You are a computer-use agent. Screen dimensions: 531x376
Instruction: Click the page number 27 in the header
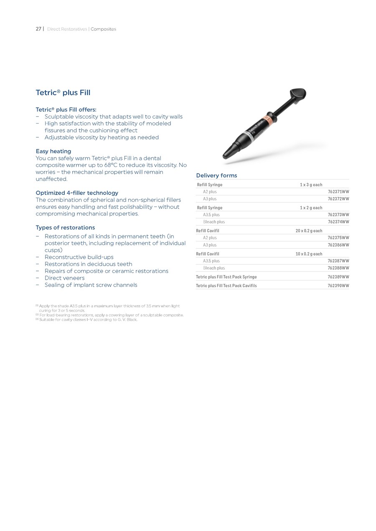(x=38, y=29)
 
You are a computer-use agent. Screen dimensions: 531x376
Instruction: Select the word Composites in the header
(x=103, y=29)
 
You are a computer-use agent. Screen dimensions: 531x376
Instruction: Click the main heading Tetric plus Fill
(x=63, y=93)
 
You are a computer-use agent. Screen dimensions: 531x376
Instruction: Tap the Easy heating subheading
(x=53, y=151)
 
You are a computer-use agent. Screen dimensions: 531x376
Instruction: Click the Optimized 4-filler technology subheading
(x=77, y=193)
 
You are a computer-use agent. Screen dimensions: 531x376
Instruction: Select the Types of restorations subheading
(x=65, y=228)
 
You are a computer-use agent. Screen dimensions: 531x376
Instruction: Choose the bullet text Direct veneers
(x=64, y=278)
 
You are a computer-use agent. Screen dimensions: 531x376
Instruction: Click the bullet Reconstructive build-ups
(x=79, y=257)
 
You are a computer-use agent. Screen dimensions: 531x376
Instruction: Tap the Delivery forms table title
(x=216, y=175)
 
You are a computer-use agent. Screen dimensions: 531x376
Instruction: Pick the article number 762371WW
(x=338, y=192)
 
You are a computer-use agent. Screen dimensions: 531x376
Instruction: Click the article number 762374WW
(x=338, y=222)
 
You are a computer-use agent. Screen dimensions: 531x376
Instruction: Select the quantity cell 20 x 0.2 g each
(x=309, y=231)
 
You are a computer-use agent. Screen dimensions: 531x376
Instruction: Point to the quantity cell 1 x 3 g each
(x=311, y=185)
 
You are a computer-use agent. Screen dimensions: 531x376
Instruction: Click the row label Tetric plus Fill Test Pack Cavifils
(x=226, y=286)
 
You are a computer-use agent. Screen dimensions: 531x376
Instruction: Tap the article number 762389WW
(x=338, y=277)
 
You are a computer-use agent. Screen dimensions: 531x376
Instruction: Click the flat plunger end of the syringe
(x=297, y=94)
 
